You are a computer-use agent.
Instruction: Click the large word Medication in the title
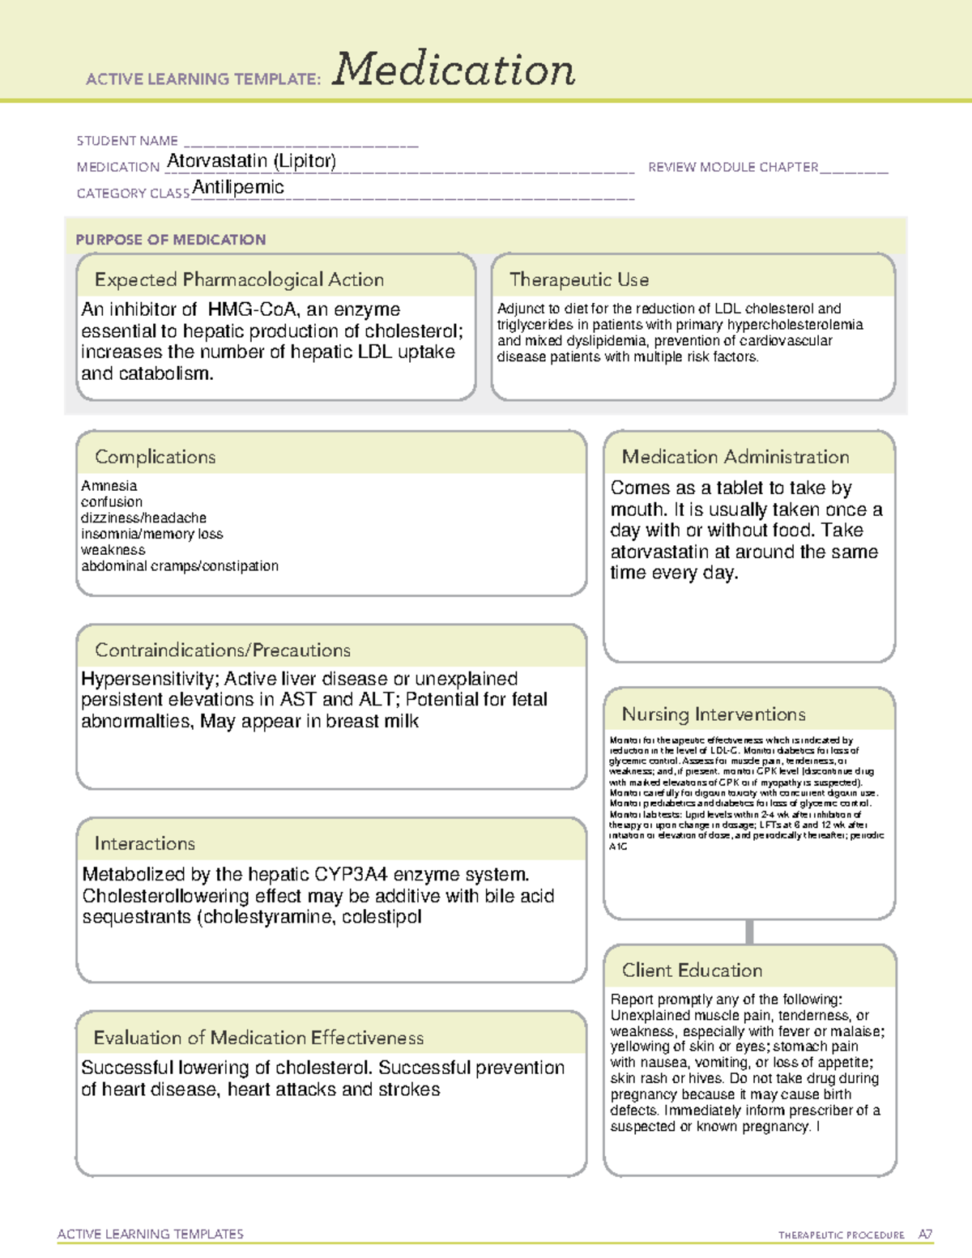[x=454, y=70]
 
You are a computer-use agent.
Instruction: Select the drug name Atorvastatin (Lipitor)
[x=251, y=161]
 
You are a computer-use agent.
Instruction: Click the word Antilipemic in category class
[x=238, y=188]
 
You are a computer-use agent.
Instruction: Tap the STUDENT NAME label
[x=127, y=141]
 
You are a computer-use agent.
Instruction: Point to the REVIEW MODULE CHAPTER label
[x=733, y=167]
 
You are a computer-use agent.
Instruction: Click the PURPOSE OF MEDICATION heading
[x=171, y=240]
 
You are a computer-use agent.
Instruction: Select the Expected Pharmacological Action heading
[x=239, y=279]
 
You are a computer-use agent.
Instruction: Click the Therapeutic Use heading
[x=579, y=279]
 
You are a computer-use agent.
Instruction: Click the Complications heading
[x=156, y=457]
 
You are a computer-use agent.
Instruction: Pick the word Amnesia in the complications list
[x=109, y=486]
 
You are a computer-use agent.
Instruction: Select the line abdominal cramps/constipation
[x=180, y=566]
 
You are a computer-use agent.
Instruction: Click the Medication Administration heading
[x=735, y=457]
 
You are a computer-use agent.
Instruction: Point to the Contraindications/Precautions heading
[x=223, y=650]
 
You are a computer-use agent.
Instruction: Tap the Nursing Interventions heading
[x=714, y=714]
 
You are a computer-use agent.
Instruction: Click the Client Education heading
[x=693, y=970]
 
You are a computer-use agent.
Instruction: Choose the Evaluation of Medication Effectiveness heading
[x=258, y=1038]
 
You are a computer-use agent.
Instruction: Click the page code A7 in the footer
[x=925, y=1235]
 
